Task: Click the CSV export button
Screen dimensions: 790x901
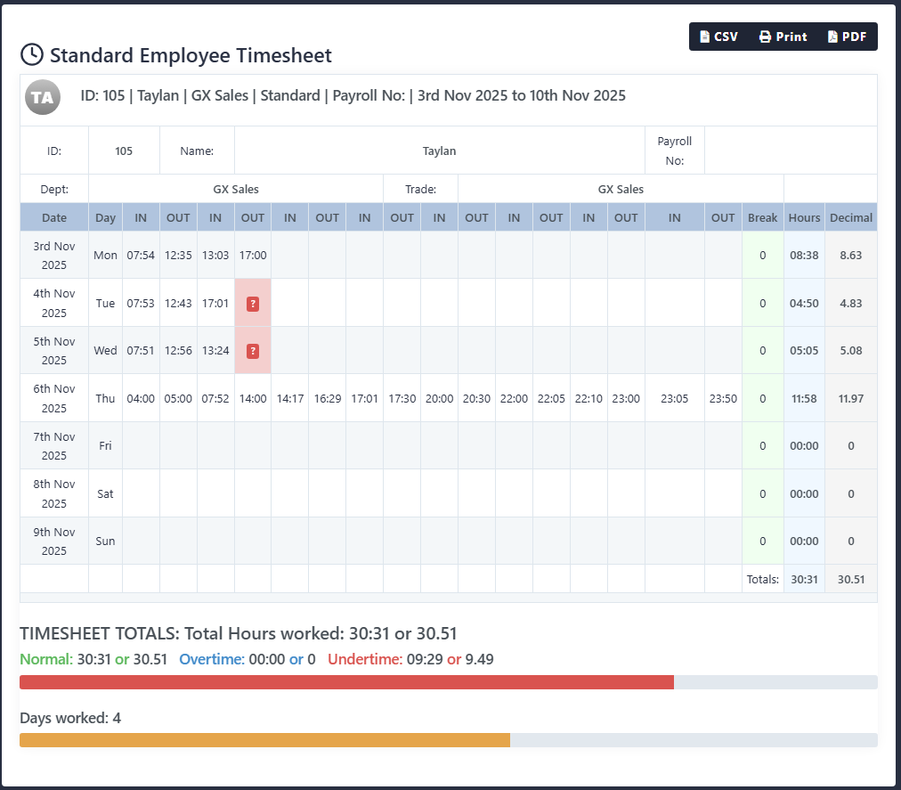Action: pos(719,37)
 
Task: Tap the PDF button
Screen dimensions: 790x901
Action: pos(847,37)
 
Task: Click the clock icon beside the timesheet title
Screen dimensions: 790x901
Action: pos(31,54)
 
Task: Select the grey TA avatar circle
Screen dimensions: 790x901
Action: pos(43,97)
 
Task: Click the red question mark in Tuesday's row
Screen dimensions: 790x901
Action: pos(253,304)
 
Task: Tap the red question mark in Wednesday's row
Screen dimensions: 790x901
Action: pos(253,351)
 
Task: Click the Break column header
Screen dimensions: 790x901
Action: pos(762,217)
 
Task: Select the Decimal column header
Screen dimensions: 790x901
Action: pos(850,217)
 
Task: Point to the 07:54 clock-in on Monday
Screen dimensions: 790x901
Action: pos(141,256)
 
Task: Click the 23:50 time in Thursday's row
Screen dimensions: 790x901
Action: pos(723,399)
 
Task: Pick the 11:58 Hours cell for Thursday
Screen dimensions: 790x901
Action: pos(804,399)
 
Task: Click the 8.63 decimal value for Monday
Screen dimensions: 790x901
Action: pos(850,256)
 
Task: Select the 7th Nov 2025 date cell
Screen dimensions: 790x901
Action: pos(54,446)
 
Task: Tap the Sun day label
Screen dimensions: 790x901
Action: pos(105,542)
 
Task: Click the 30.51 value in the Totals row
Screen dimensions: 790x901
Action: pos(850,579)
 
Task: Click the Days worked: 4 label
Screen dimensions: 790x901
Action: pos(70,718)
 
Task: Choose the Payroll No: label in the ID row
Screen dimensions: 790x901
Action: pos(674,151)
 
